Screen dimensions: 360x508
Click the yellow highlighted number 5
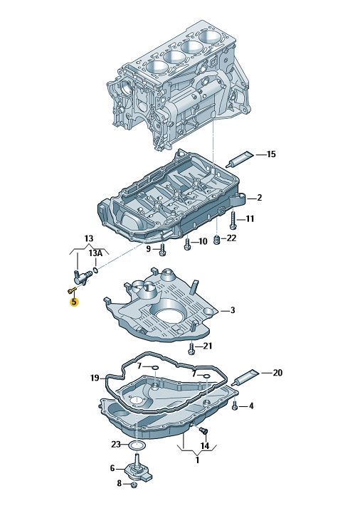(74, 302)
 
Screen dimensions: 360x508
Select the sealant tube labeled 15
(240, 159)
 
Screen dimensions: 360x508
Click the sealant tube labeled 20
(247, 377)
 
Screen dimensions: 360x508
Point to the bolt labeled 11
(233, 220)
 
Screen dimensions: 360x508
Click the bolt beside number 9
(163, 250)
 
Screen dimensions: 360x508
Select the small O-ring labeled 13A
(95, 270)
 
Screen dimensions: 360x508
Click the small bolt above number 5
(72, 290)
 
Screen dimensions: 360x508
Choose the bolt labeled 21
(191, 347)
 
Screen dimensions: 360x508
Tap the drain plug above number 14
(203, 430)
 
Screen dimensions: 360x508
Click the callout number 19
(95, 378)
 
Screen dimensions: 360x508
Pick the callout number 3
(233, 310)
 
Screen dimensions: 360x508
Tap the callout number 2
(259, 198)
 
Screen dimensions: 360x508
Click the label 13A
(95, 253)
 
